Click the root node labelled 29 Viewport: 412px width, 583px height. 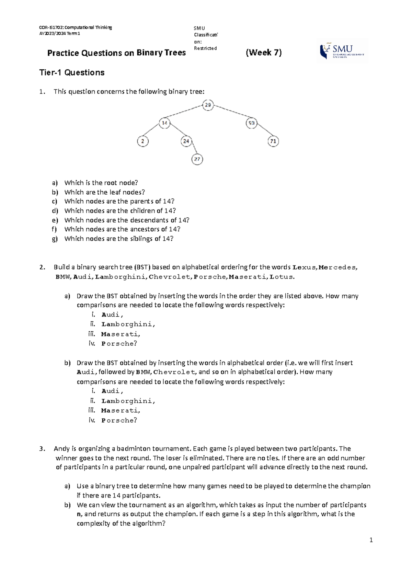point(208,105)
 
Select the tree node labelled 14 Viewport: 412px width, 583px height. point(165,123)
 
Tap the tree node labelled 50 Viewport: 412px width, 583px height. point(252,123)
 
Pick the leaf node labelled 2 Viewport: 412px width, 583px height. point(143,141)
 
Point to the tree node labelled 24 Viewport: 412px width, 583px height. point(186,141)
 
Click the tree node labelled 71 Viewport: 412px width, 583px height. point(273,141)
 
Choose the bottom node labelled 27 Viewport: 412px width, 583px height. point(197,159)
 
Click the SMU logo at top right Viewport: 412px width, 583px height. point(342,51)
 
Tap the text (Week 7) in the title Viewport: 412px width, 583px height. point(264,53)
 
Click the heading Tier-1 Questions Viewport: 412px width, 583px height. point(72,72)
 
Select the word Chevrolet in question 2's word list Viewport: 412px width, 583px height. point(170,277)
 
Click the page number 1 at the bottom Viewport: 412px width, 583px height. point(371,540)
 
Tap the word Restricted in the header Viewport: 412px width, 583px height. point(205,48)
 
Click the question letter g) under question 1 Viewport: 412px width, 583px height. point(55,239)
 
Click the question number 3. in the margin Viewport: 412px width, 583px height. point(42,449)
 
